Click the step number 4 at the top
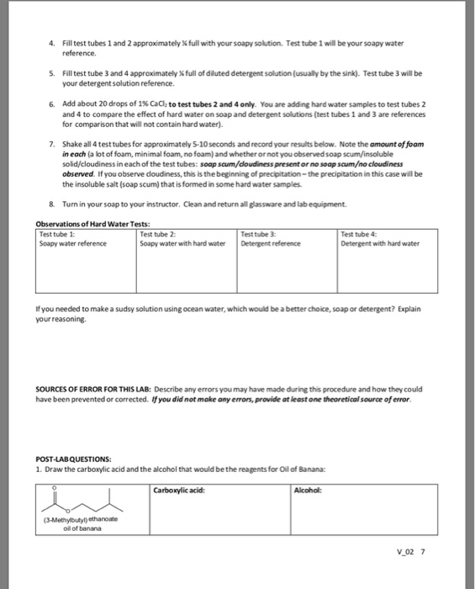click(51, 42)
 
